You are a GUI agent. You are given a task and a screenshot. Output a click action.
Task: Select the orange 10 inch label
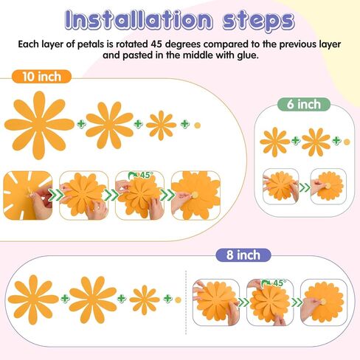click(41, 77)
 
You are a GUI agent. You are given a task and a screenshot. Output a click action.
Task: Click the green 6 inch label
click(304, 104)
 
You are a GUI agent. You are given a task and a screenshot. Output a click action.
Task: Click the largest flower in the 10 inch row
click(39, 123)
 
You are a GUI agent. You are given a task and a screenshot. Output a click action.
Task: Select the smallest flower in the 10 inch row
click(161, 125)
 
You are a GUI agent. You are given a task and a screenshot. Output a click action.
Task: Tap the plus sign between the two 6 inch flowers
click(295, 140)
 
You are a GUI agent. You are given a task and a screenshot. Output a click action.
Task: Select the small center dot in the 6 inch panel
click(347, 141)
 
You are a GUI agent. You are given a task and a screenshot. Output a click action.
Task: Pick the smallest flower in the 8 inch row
click(144, 299)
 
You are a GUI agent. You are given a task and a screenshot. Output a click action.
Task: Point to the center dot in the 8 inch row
click(177, 299)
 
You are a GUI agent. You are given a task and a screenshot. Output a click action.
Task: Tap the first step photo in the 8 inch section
click(215, 302)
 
